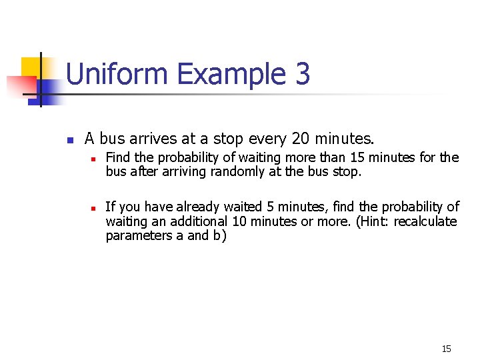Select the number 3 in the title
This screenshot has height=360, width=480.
coord(302,74)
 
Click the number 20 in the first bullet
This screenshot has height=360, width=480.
coord(301,139)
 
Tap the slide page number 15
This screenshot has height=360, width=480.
coord(446,349)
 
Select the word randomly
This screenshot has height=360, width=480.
coord(237,172)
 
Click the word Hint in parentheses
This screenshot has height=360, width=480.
coord(367,221)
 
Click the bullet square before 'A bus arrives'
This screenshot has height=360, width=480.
coord(69,141)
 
